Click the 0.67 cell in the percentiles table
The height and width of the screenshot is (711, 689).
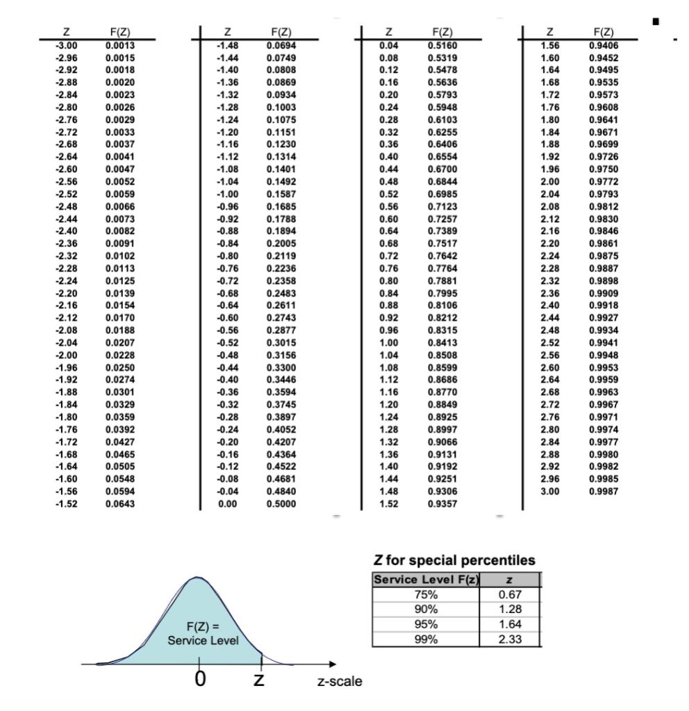[x=509, y=595]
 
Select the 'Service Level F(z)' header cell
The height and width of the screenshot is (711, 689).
[x=425, y=580]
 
